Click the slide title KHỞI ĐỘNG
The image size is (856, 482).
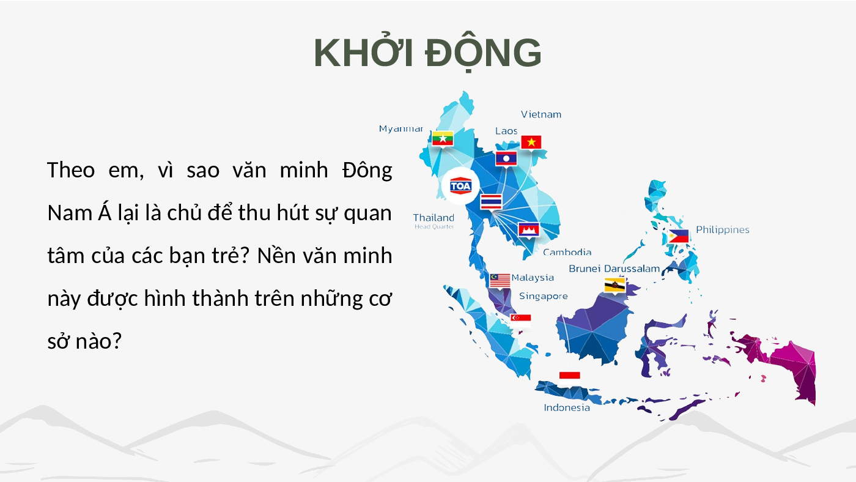click(x=427, y=53)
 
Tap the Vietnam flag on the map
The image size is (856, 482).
click(x=531, y=142)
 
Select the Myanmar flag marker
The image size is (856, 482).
click(x=443, y=138)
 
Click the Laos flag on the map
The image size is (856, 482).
click(x=506, y=158)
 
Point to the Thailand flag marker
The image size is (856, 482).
click(x=491, y=201)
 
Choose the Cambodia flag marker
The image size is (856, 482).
click(x=528, y=229)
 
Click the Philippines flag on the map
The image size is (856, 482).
click(x=678, y=236)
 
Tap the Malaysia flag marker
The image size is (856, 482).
click(x=500, y=280)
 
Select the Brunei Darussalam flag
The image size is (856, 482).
click(x=614, y=285)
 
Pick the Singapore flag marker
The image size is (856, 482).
click(x=520, y=321)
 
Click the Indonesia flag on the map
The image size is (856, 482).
click(x=569, y=379)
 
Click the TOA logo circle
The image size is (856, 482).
click(x=460, y=186)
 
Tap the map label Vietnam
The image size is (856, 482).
click(x=541, y=114)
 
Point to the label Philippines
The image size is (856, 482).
click(x=722, y=230)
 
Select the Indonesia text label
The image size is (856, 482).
click(x=567, y=407)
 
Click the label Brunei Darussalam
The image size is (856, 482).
click(x=614, y=269)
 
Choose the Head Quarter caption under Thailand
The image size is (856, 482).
click(x=434, y=227)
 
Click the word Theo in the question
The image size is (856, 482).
click(x=71, y=170)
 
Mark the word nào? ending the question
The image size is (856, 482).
click(x=98, y=341)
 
